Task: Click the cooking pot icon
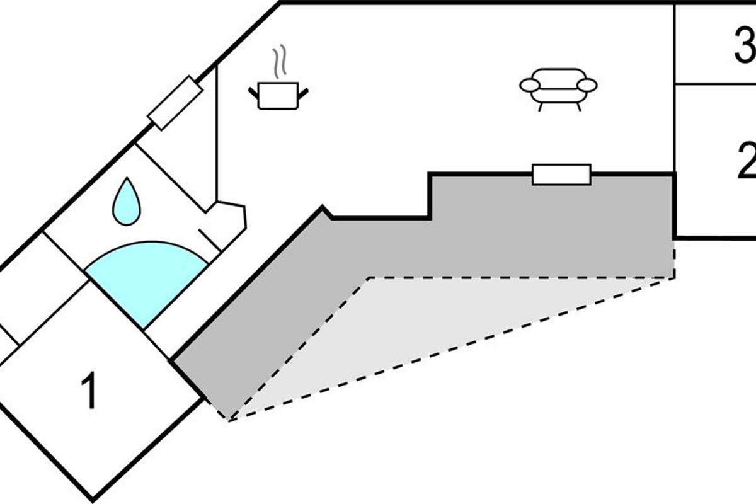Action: [x=278, y=95]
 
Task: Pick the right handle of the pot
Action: [x=303, y=93]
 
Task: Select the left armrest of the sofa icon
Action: [x=529, y=84]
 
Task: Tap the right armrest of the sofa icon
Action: [x=587, y=84]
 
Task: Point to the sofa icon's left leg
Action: [x=541, y=106]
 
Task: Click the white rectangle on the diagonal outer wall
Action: [x=175, y=103]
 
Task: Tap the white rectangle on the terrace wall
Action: [x=561, y=175]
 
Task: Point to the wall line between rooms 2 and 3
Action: [x=715, y=83]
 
